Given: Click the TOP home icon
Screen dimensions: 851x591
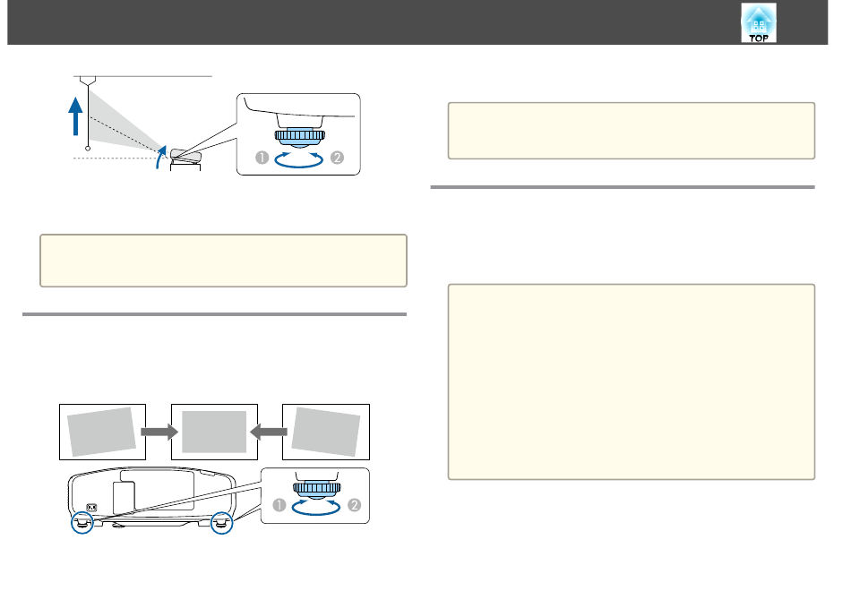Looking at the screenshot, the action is [759, 22].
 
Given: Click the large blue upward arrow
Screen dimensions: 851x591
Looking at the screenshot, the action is [75, 116].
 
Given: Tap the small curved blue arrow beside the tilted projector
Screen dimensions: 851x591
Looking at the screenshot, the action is [160, 157].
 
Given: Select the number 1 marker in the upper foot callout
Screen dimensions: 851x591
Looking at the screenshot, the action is [262, 158].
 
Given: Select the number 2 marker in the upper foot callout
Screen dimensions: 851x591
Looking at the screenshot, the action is [337, 158].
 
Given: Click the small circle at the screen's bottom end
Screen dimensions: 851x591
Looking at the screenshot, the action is [88, 148].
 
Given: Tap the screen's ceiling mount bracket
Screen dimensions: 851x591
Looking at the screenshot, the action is [88, 81].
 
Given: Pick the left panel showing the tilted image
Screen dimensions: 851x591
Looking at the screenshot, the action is [103, 432].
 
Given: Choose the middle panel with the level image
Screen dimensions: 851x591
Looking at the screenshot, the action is [214, 432].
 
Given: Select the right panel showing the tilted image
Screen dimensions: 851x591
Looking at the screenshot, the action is [326, 432].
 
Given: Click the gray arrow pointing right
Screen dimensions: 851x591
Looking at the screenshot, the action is [159, 432].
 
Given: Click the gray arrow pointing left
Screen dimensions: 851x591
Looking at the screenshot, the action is [269, 432].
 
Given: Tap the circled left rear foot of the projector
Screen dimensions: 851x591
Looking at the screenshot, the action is [82, 523].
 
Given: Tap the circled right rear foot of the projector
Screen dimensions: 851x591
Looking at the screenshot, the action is [221, 523].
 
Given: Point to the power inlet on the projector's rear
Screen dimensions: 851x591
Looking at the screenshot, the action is [91, 508].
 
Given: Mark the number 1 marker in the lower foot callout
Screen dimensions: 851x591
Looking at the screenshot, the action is [279, 505].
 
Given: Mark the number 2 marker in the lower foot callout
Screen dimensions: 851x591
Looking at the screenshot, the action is [355, 505].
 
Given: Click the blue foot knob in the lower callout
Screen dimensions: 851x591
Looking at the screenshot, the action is [317, 488].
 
